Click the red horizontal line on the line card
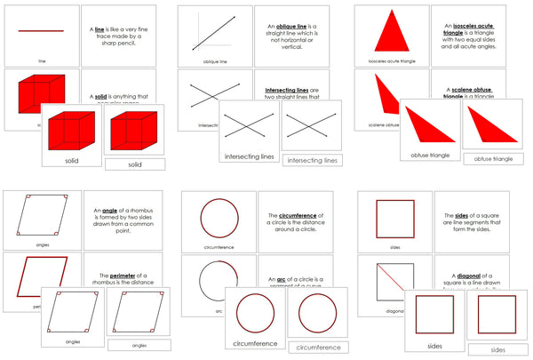point(42,32)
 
